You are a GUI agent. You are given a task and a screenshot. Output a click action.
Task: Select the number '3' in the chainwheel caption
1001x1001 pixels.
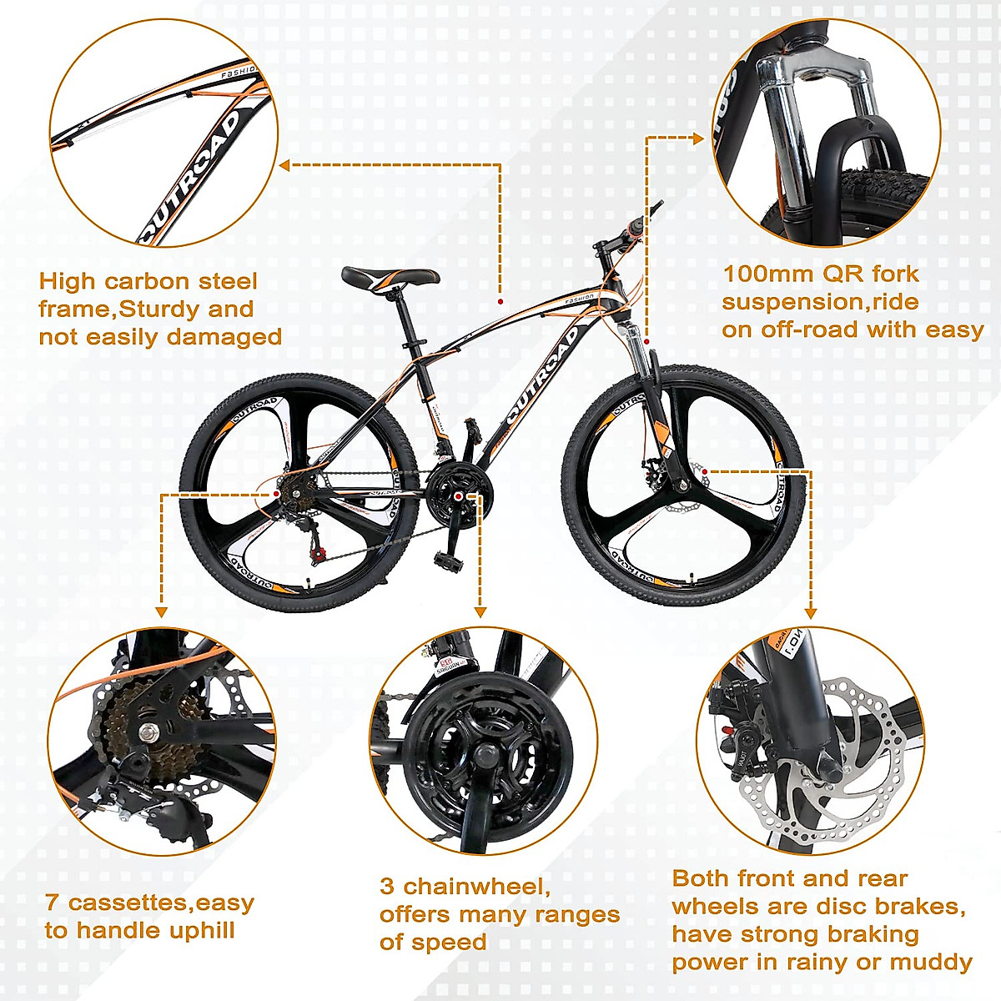click(386, 886)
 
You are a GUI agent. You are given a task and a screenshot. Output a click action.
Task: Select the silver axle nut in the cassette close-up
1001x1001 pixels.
click(149, 733)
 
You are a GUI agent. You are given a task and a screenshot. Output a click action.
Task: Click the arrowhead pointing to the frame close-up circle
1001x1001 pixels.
click(284, 165)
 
